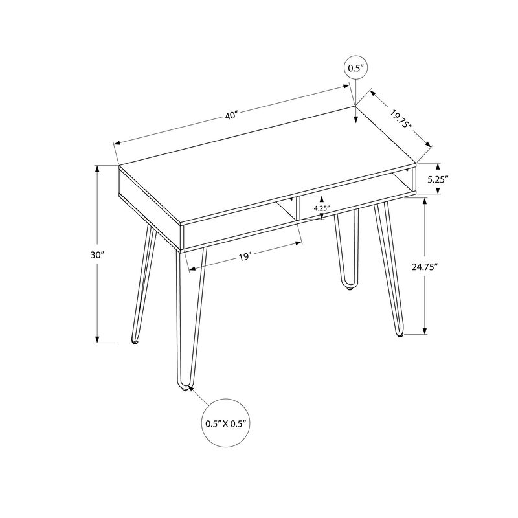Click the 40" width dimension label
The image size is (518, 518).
coord(232,115)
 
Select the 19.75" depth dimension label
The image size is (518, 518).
coord(401,120)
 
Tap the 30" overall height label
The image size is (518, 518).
coord(97,255)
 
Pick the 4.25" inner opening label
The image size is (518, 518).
coord(322,208)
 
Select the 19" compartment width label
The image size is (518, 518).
coord(244,257)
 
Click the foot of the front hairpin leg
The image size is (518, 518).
coord(183,388)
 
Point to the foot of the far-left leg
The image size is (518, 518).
coord(135,341)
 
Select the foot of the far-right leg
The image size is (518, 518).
coord(400,335)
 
